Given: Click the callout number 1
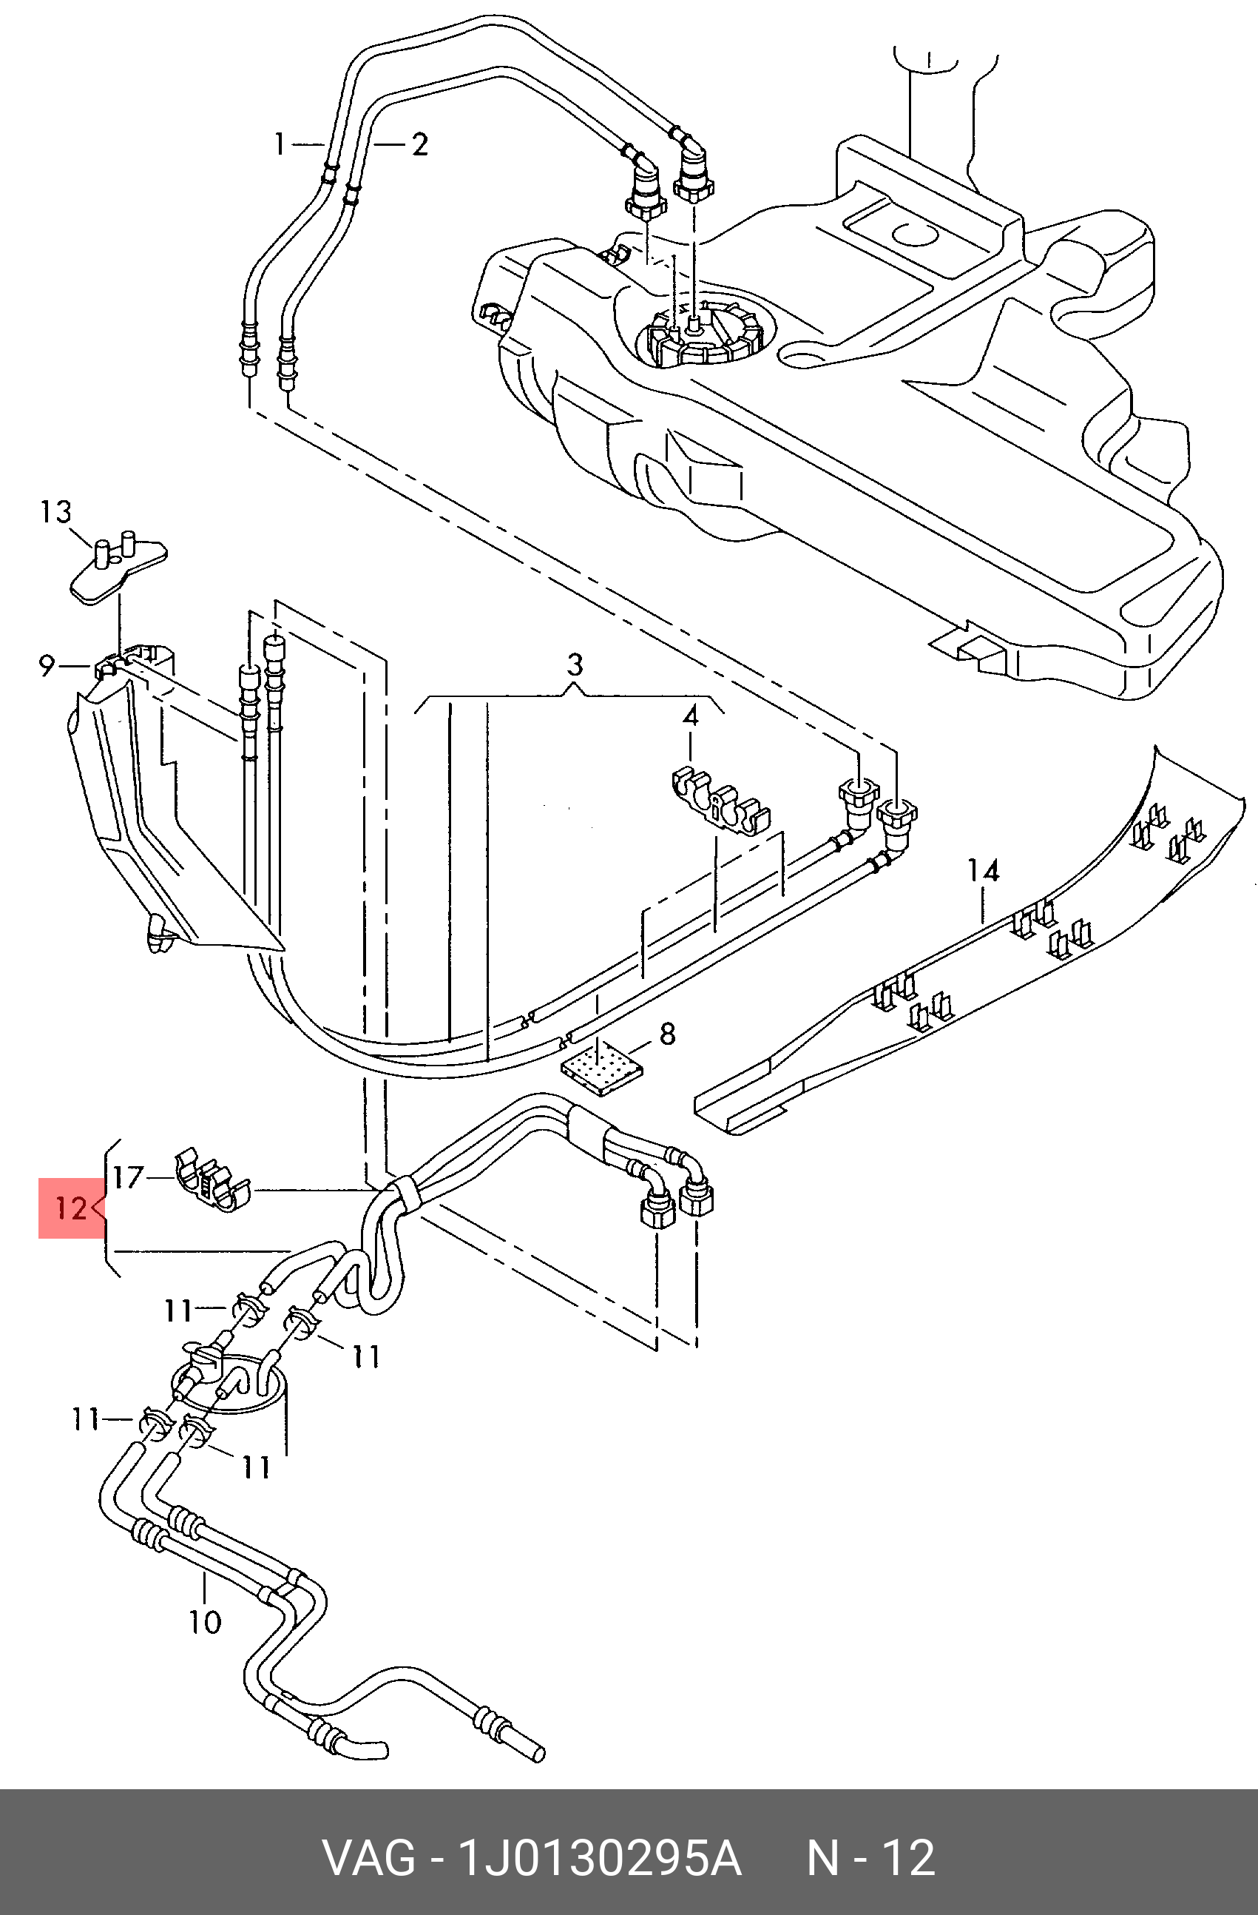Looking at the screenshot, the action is point(279,145).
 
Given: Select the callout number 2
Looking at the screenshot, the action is point(419,145).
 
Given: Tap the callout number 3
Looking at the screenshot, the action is point(575,665).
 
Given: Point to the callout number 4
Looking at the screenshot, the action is point(691,716).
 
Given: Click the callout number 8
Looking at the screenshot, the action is point(668,1033).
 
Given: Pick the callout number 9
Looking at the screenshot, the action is point(47,665).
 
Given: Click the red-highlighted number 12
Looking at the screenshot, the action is point(70,1208).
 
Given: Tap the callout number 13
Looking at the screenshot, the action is point(56,512).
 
